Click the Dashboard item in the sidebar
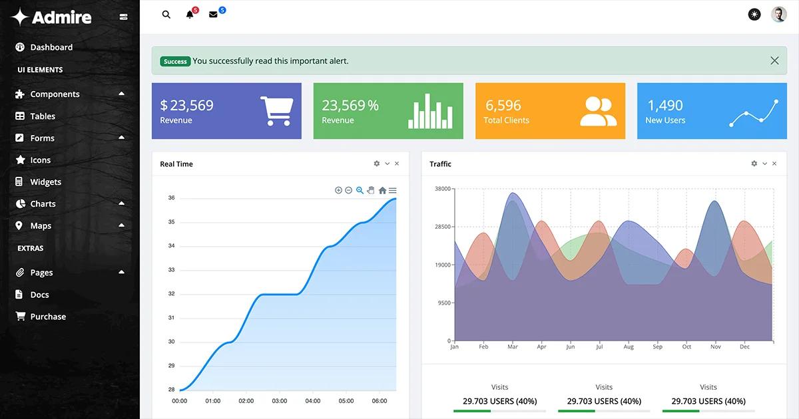51,47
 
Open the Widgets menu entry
45,182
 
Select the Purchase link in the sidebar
48,317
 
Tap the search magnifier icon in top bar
166,15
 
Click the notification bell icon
190,15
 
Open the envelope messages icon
213,15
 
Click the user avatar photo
778,15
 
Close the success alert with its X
774,61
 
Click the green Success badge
175,61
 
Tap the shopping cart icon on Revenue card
276,111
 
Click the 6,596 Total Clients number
503,105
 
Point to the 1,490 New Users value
665,105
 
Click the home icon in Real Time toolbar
382,191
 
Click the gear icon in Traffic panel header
754,164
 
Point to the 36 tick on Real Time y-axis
171,198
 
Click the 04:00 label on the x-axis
313,401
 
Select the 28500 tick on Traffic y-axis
443,227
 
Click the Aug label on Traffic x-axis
629,347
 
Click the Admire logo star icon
20,17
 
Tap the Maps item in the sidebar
40,225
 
